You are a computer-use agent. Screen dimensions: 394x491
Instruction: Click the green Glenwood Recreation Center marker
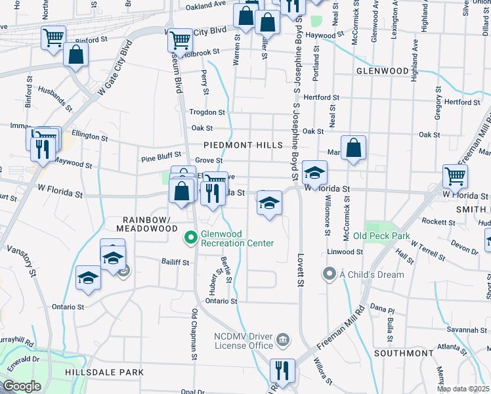tap(191, 237)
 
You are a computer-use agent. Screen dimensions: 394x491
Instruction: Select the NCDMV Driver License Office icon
tap(282, 339)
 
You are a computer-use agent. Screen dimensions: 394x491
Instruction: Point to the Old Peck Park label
tap(381, 236)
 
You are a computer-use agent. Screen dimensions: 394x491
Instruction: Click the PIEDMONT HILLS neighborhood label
tap(243, 144)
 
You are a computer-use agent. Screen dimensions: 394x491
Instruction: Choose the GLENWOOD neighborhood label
tap(383, 70)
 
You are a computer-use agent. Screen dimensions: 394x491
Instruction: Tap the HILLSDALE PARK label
tap(104, 372)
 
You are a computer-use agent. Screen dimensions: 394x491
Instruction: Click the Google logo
tap(22, 386)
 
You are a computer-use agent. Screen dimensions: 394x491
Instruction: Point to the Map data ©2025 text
tap(463, 389)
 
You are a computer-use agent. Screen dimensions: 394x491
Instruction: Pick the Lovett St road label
tap(301, 270)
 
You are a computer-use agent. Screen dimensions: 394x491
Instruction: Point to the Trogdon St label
tap(207, 113)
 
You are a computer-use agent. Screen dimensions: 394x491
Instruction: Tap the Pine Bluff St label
tap(160, 158)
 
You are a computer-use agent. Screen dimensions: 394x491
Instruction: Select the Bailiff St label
tap(175, 262)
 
